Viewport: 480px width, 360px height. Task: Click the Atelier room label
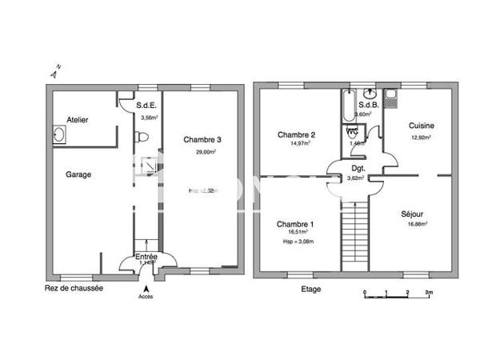tap(78, 120)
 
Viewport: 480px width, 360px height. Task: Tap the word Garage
tap(78, 174)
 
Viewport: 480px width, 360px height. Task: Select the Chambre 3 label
tap(202, 139)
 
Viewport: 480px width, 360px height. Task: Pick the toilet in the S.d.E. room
tap(142, 137)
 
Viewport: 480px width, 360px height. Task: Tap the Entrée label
tap(146, 257)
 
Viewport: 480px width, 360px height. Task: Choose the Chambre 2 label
tap(295, 134)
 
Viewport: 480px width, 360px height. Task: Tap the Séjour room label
tap(413, 214)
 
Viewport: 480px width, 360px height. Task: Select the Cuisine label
tap(421, 126)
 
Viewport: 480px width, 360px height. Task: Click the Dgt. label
tap(358, 168)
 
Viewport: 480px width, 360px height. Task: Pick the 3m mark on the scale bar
tap(429, 294)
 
